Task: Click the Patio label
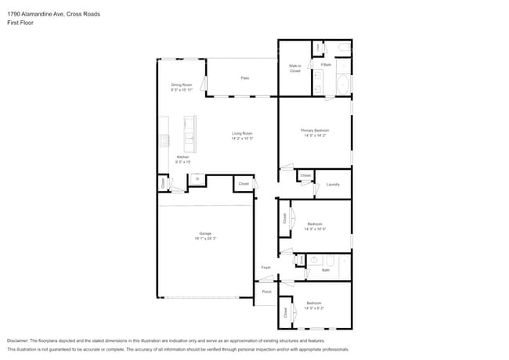pos(245,78)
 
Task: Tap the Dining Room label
pos(182,86)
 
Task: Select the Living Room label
pos(241,135)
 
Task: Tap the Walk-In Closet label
pos(294,69)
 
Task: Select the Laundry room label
pos(333,184)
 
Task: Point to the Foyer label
pos(266,268)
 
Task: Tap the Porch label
pos(266,291)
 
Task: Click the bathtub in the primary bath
pos(343,84)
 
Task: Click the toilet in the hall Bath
pos(314,259)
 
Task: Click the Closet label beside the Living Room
pos(244,184)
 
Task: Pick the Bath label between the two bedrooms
pos(325,270)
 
